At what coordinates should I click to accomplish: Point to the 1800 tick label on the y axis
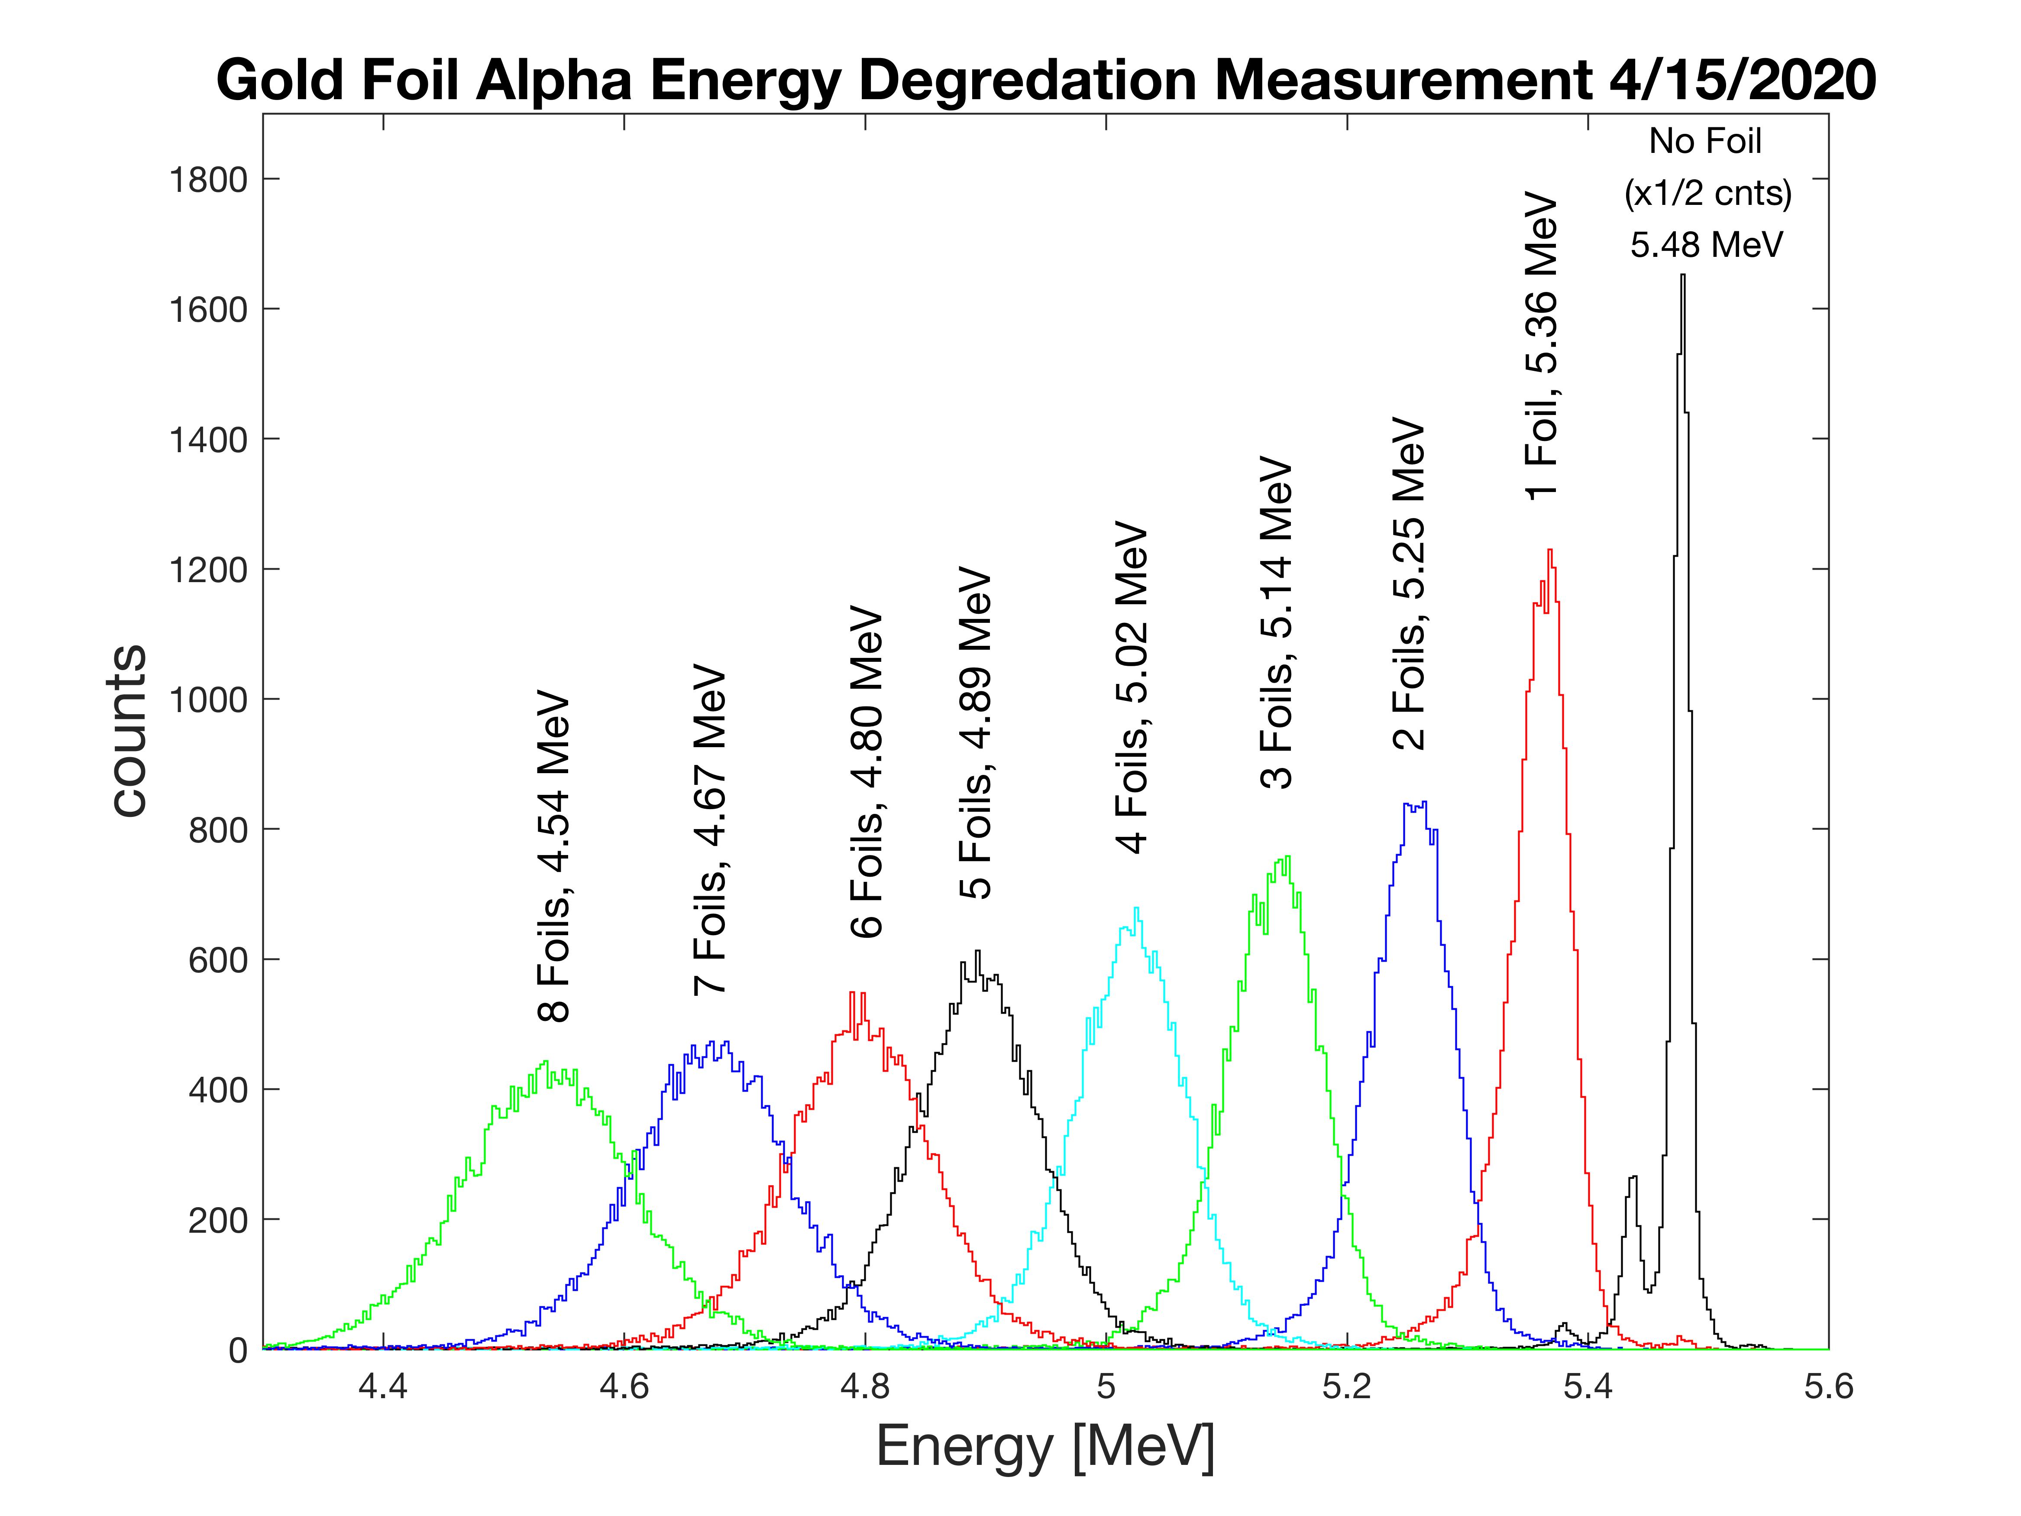[x=208, y=180]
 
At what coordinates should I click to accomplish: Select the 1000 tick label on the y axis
[x=208, y=700]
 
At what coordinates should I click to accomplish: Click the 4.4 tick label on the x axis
[x=383, y=1387]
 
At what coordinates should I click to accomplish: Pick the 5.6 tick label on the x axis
[x=1828, y=1387]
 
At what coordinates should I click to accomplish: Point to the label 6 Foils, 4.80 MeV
[x=866, y=772]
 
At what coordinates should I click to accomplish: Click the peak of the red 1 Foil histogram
[x=1549, y=551]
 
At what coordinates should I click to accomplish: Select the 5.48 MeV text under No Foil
[x=1706, y=245]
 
